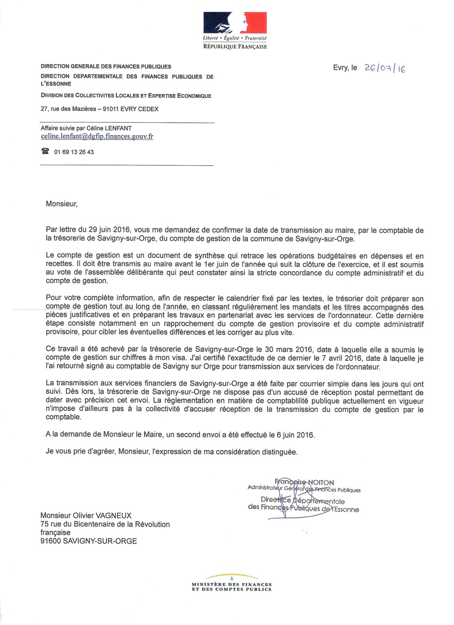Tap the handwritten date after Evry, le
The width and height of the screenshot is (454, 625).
[x=384, y=68]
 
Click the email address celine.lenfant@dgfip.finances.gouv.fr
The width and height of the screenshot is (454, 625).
[x=97, y=137]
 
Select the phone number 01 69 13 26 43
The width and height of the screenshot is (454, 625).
[x=74, y=152]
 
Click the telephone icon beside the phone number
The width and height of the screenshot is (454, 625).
[x=45, y=152]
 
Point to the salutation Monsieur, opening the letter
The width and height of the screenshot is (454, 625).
[x=62, y=204]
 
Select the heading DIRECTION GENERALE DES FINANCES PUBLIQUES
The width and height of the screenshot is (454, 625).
[x=106, y=66]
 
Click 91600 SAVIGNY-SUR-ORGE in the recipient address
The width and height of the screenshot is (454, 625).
[x=89, y=541]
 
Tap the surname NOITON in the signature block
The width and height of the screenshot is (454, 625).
[x=321, y=482]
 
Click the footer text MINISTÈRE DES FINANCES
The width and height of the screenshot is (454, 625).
[x=231, y=584]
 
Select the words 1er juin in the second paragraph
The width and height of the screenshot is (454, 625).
[x=217, y=265]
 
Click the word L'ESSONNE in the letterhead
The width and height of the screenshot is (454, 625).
[x=56, y=84]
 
